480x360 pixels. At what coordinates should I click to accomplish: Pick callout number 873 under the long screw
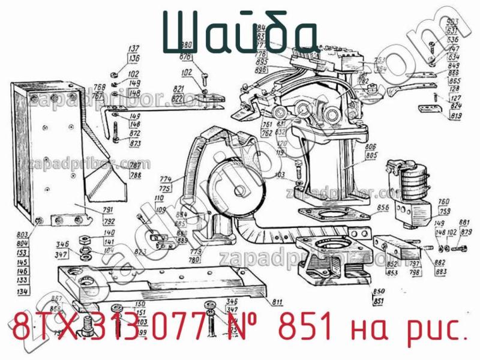tap(135, 144)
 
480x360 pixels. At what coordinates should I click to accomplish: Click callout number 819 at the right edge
tap(456, 116)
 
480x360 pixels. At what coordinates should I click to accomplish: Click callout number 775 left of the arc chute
tap(166, 188)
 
